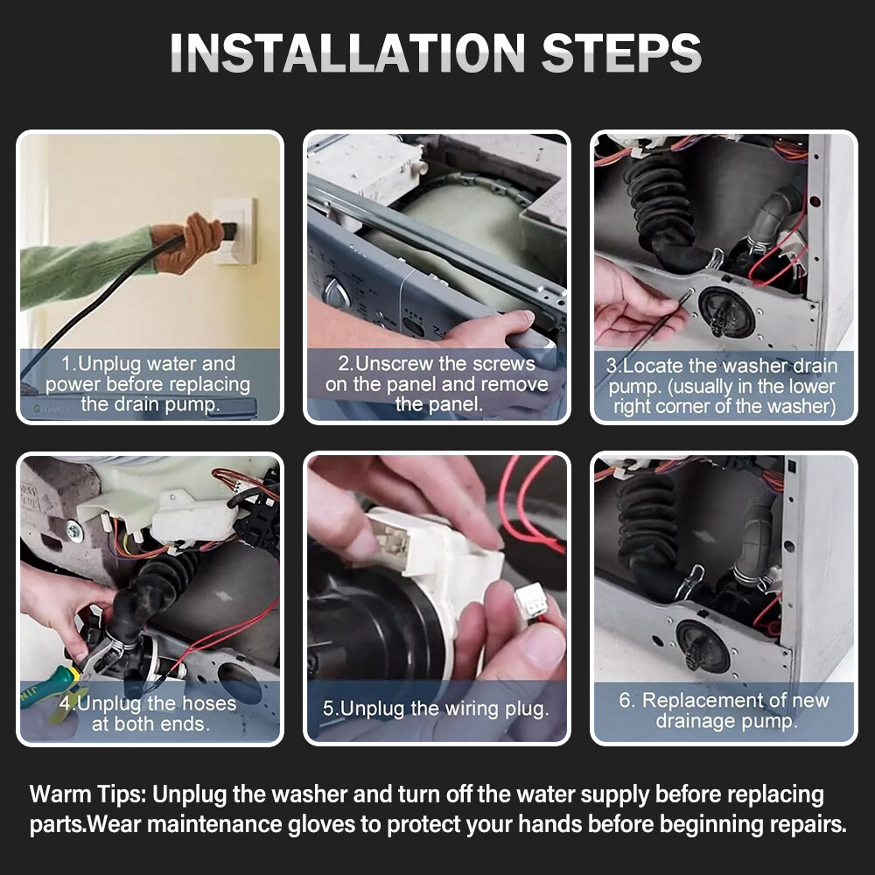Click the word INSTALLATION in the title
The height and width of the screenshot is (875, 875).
[347, 52]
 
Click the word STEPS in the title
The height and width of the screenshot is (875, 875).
[621, 52]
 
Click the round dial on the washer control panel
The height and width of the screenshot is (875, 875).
[337, 293]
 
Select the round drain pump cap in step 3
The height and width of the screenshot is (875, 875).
[726, 311]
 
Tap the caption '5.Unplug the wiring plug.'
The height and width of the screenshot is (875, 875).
[436, 709]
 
